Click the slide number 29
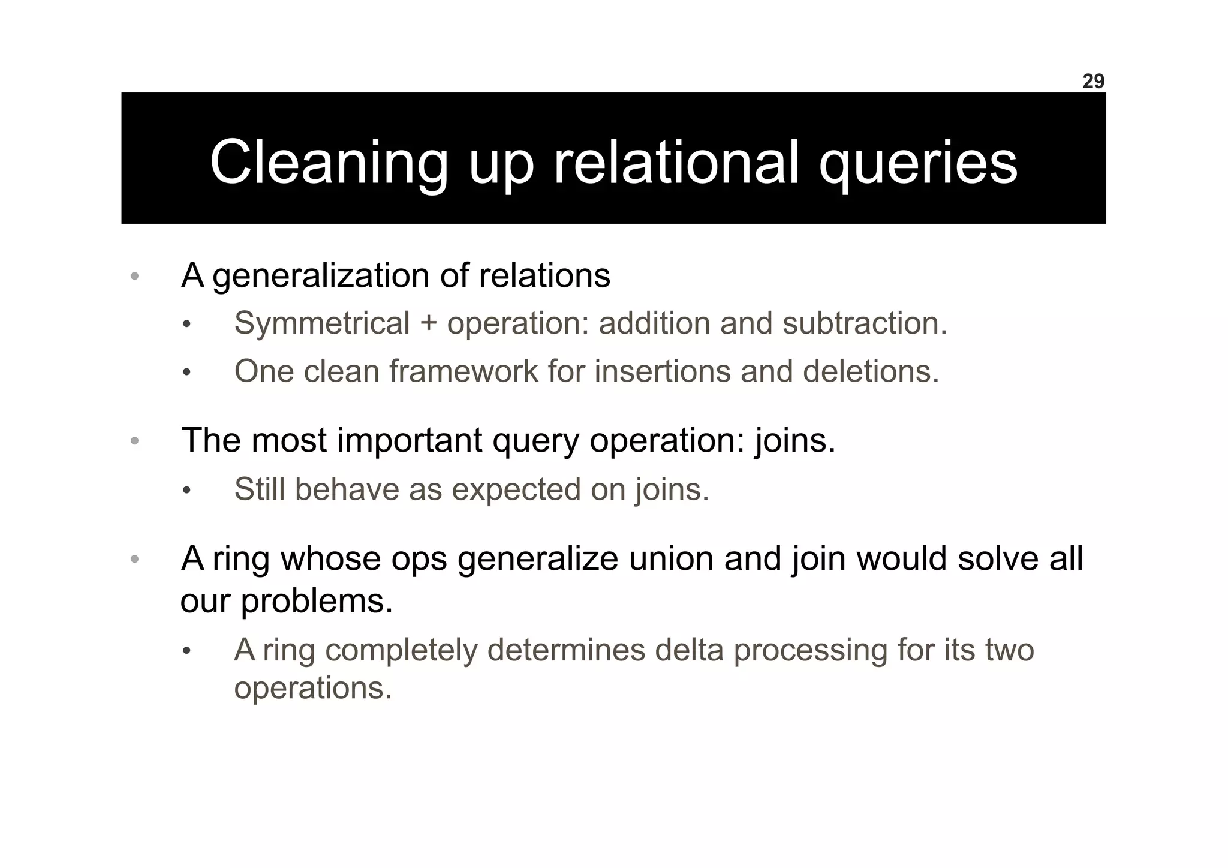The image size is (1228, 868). click(x=1092, y=81)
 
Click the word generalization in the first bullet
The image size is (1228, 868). click(x=321, y=276)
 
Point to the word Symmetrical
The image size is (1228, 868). click(x=321, y=323)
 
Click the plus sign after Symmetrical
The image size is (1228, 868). click(x=428, y=324)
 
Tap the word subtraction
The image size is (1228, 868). click(x=864, y=323)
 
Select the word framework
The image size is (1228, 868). click(x=463, y=371)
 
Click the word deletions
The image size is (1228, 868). click(x=871, y=371)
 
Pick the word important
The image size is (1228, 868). click(x=409, y=440)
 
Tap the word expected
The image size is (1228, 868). click(x=516, y=490)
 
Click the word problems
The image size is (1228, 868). click(x=316, y=601)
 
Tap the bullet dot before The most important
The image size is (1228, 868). click(x=135, y=441)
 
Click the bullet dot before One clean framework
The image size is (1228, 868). click(x=186, y=373)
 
